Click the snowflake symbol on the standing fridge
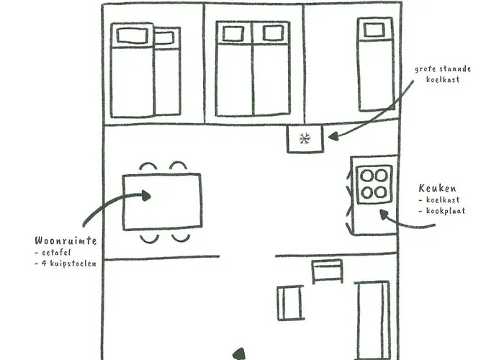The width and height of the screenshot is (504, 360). pos(305,139)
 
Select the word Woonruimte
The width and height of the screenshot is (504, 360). pos(66,240)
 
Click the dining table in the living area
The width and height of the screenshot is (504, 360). pos(162,202)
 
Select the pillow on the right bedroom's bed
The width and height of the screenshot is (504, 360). pos(374,30)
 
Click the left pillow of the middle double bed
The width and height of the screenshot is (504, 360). pos(233,33)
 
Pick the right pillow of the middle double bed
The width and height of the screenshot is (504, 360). pos(273,33)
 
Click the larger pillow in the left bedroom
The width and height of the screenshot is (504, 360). pos(132,35)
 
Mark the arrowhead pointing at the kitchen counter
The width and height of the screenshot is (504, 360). pos(384,213)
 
